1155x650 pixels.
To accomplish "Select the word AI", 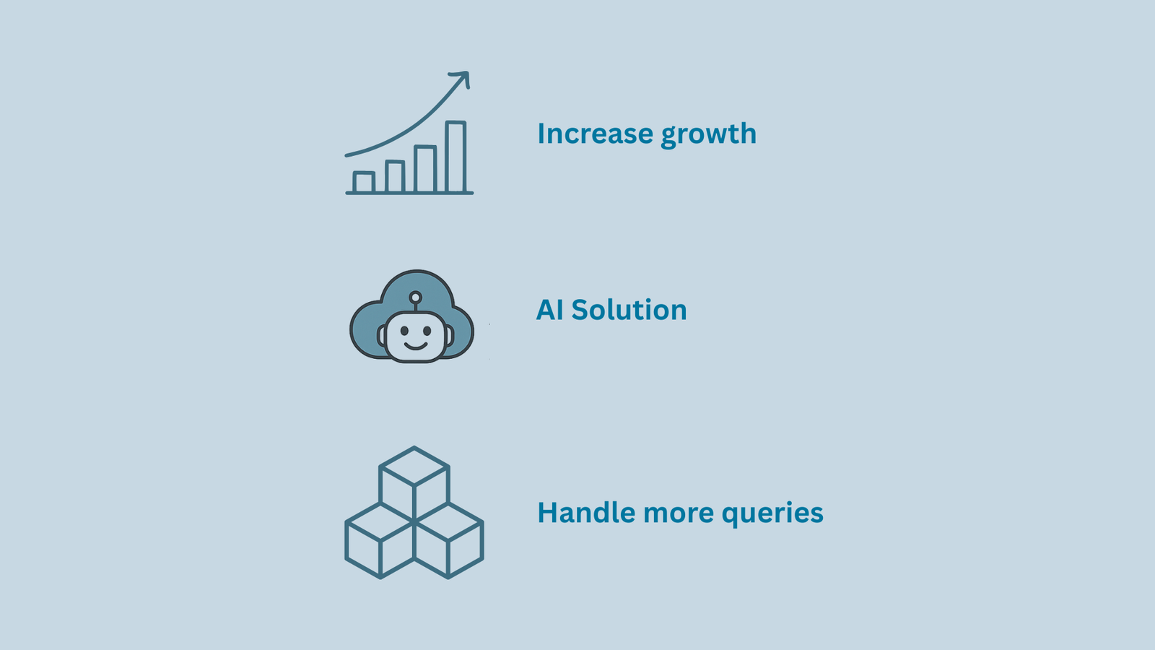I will click(x=549, y=310).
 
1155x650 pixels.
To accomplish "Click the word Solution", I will click(x=629, y=310).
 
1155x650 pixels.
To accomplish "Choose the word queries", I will click(x=772, y=514).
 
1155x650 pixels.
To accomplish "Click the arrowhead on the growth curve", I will click(x=463, y=77).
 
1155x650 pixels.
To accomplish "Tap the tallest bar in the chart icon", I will click(x=456, y=157).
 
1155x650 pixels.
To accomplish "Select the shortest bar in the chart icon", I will click(x=364, y=182).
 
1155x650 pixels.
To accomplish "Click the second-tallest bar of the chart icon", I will click(x=425, y=169).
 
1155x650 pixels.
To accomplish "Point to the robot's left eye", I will click(x=404, y=331).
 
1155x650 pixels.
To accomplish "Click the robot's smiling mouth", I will click(x=416, y=345).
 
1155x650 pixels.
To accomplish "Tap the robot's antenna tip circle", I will click(x=415, y=297).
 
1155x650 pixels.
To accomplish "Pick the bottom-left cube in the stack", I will click(x=380, y=540).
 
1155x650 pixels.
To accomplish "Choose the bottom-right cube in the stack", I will click(x=448, y=540).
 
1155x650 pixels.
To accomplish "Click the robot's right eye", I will click(x=427, y=331).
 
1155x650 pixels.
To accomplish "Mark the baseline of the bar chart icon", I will click(x=409, y=193).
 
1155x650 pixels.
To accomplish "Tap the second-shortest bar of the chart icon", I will click(x=394, y=177).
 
